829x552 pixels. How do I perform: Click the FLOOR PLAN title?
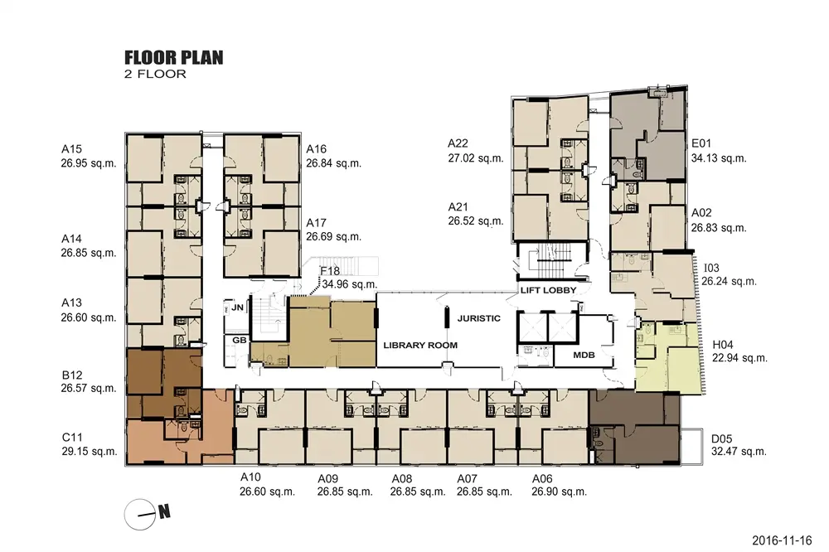pos(174,57)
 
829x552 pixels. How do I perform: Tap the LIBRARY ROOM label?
pos(420,346)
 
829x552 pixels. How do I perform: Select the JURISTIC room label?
pos(478,318)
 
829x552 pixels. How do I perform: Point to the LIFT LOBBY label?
pos(548,290)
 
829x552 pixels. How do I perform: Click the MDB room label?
pos(584,355)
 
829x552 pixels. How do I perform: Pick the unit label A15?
pos(71,149)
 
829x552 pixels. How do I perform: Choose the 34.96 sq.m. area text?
pos(350,284)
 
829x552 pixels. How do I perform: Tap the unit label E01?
pos(701,143)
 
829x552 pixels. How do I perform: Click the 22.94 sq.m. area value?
pos(739,358)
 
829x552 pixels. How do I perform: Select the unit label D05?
pos(722,438)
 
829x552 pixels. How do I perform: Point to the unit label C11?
pos(72,438)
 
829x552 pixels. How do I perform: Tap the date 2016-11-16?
pos(782,540)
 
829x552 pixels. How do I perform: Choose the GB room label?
pos(240,340)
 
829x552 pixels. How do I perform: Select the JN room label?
pos(237,307)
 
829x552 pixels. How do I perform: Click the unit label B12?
pos(72,375)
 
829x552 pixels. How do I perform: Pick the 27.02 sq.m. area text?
pos(476,158)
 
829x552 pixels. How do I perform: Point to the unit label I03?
pos(711,268)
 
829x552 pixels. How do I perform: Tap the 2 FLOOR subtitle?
pos(156,74)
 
